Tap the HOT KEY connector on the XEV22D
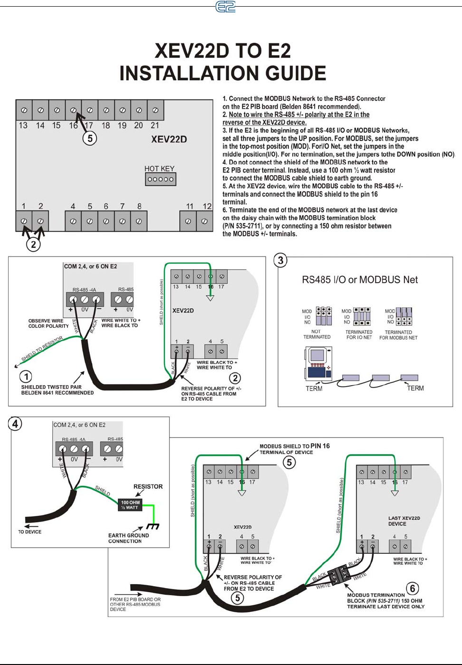pos(160,179)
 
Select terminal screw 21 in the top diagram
pos(155,110)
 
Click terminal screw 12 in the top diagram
pos(204,221)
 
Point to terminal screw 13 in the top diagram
pos(24,110)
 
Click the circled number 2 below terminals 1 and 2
pos(33,245)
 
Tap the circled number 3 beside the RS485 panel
pos(281,260)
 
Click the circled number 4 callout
pos(15,423)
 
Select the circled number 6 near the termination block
pos(413,589)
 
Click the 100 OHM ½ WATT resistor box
pos(130,505)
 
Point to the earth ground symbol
pos(153,526)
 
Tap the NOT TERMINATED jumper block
pos(324,316)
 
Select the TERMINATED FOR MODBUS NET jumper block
pos(404,316)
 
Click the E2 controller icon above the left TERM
pos(318,364)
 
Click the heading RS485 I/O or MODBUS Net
pos(360,280)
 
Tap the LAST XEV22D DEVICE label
pos(404,521)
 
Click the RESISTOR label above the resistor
pos(148,486)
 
